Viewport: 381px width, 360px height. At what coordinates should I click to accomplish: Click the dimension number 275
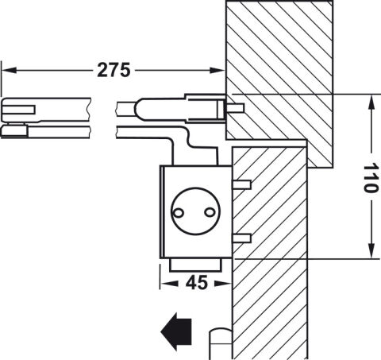coord(114,70)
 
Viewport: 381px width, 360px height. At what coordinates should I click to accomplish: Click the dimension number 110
coord(371,178)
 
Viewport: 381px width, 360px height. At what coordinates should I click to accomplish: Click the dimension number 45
coord(197,283)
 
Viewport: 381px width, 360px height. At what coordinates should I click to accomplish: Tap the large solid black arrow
coord(176,331)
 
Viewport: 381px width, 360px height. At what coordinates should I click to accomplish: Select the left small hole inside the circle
coord(178,212)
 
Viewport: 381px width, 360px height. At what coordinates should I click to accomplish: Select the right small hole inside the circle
coord(210,212)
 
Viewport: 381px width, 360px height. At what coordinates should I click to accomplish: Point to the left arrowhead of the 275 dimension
coord(9,70)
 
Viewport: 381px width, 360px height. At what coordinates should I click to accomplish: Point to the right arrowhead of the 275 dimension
coord(217,70)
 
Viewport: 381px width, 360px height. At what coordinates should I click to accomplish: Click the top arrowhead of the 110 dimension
coord(371,103)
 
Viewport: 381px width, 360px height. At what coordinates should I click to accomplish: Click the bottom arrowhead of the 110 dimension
coord(371,250)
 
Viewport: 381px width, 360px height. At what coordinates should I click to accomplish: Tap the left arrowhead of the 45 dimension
coord(169,284)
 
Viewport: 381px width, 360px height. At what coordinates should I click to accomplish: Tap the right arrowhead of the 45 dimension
coord(223,284)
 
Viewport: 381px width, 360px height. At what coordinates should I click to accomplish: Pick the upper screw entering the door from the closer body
coord(241,184)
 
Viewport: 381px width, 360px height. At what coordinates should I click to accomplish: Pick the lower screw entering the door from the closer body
coord(241,238)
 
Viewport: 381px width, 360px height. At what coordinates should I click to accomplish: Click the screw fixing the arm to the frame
coord(234,108)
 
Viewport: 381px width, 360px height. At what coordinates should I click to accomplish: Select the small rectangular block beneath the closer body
coord(195,265)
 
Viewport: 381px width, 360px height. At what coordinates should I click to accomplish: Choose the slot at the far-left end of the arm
coord(19,110)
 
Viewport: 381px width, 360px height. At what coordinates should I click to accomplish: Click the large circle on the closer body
coord(195,188)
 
